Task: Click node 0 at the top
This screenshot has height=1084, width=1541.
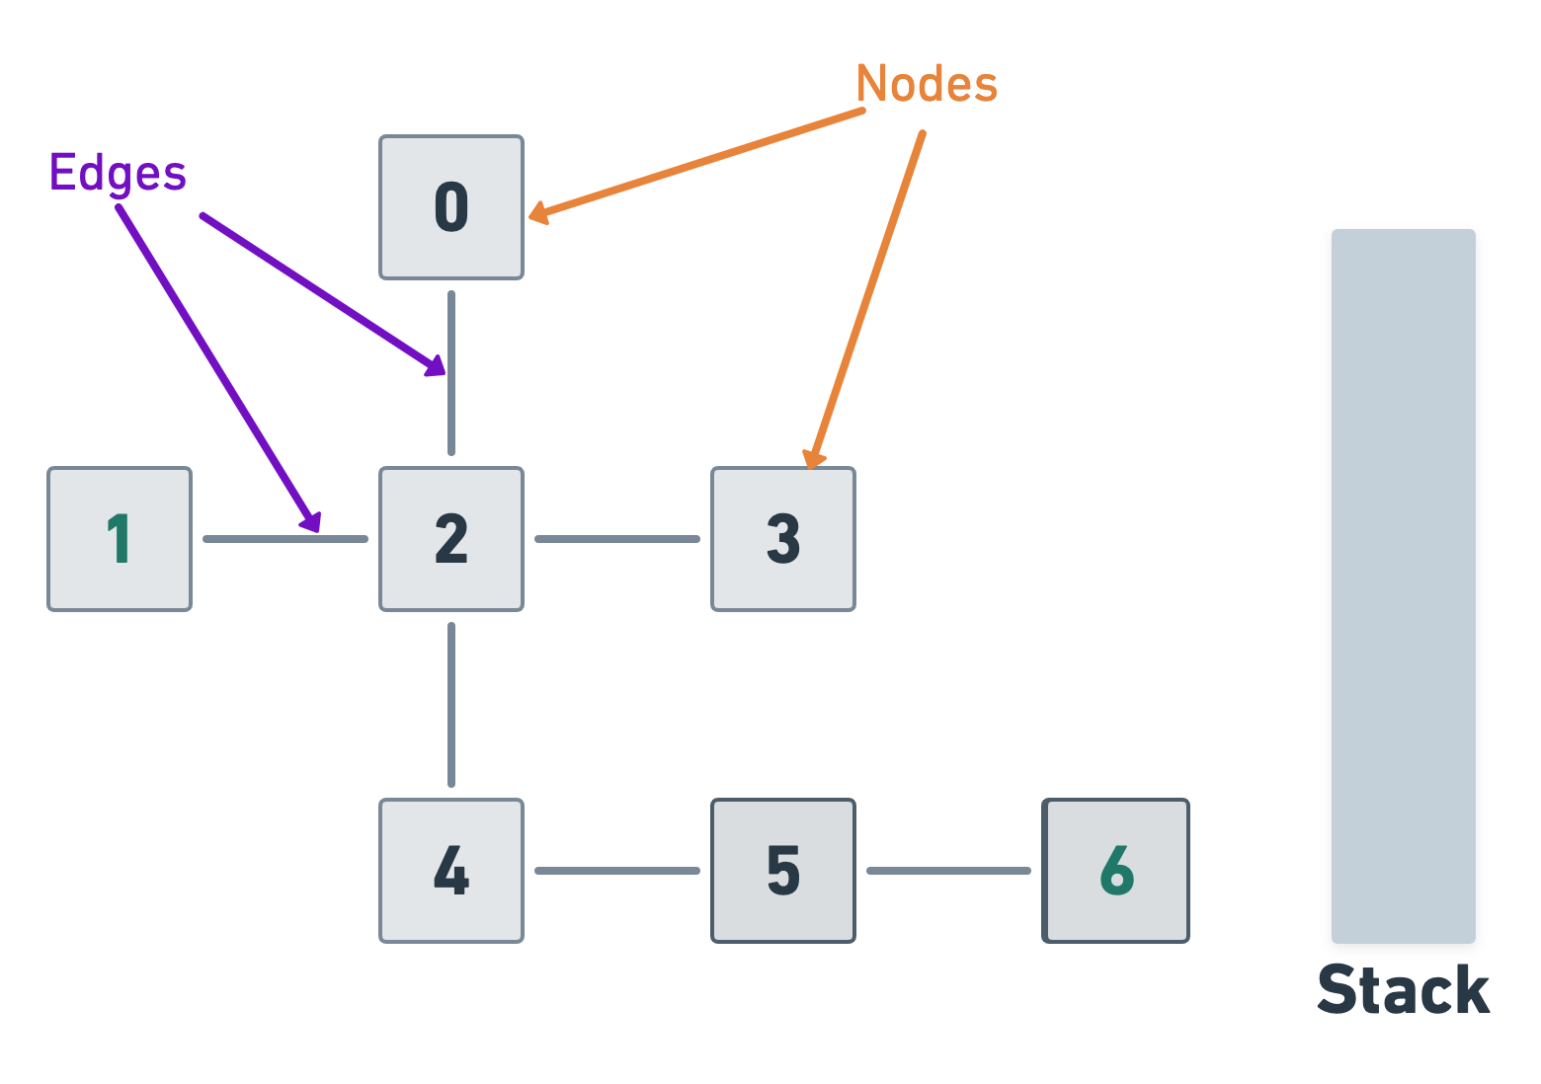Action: click(451, 207)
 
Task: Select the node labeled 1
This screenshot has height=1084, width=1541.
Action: click(120, 539)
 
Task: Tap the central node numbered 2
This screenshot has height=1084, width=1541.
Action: click(451, 539)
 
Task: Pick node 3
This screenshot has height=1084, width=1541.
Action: click(783, 539)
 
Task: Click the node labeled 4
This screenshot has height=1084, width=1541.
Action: click(451, 871)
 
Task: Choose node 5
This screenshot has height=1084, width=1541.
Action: click(783, 871)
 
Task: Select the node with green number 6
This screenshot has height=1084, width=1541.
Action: click(1116, 871)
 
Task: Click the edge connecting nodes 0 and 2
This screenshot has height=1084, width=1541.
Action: click(451, 415)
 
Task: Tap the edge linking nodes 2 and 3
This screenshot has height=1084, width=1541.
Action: click(617, 539)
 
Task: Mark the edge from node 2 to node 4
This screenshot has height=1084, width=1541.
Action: click(451, 705)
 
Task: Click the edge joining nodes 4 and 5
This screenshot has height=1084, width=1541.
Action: click(617, 871)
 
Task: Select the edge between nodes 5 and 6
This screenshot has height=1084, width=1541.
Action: click(949, 871)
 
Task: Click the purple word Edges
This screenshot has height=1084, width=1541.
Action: click(118, 174)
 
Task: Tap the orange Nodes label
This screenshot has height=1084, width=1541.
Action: click(927, 84)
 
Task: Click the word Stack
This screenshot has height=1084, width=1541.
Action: click(1403, 990)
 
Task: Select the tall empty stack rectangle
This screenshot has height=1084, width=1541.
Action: click(1403, 586)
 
